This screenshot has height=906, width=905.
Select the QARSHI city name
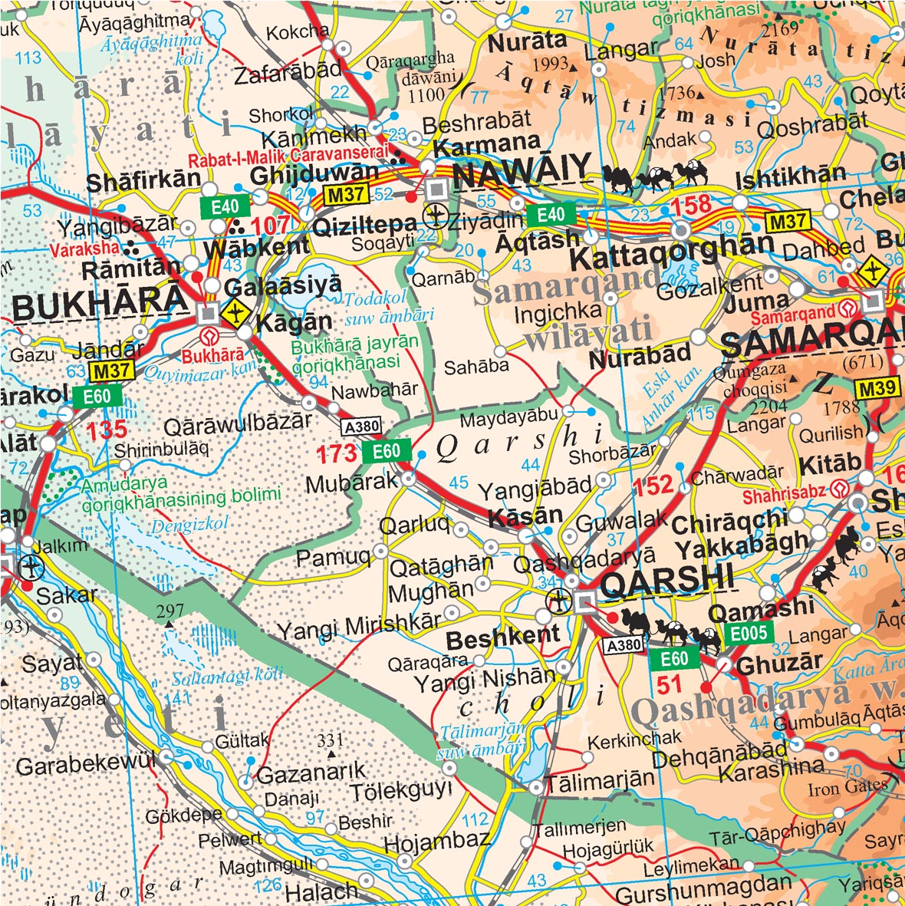[x=667, y=581]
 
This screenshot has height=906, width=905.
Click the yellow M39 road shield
[x=877, y=389]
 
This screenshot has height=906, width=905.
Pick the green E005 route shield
[x=749, y=634]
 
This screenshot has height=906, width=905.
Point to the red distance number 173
[x=337, y=454]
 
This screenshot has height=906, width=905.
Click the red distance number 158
[x=691, y=206]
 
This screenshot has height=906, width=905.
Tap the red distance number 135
[x=106, y=430]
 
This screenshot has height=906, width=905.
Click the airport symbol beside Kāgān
[x=238, y=313]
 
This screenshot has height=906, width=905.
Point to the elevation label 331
[x=330, y=740]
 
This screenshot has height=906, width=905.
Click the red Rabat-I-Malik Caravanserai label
[x=285, y=162]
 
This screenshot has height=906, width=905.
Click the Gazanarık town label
[x=311, y=773]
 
